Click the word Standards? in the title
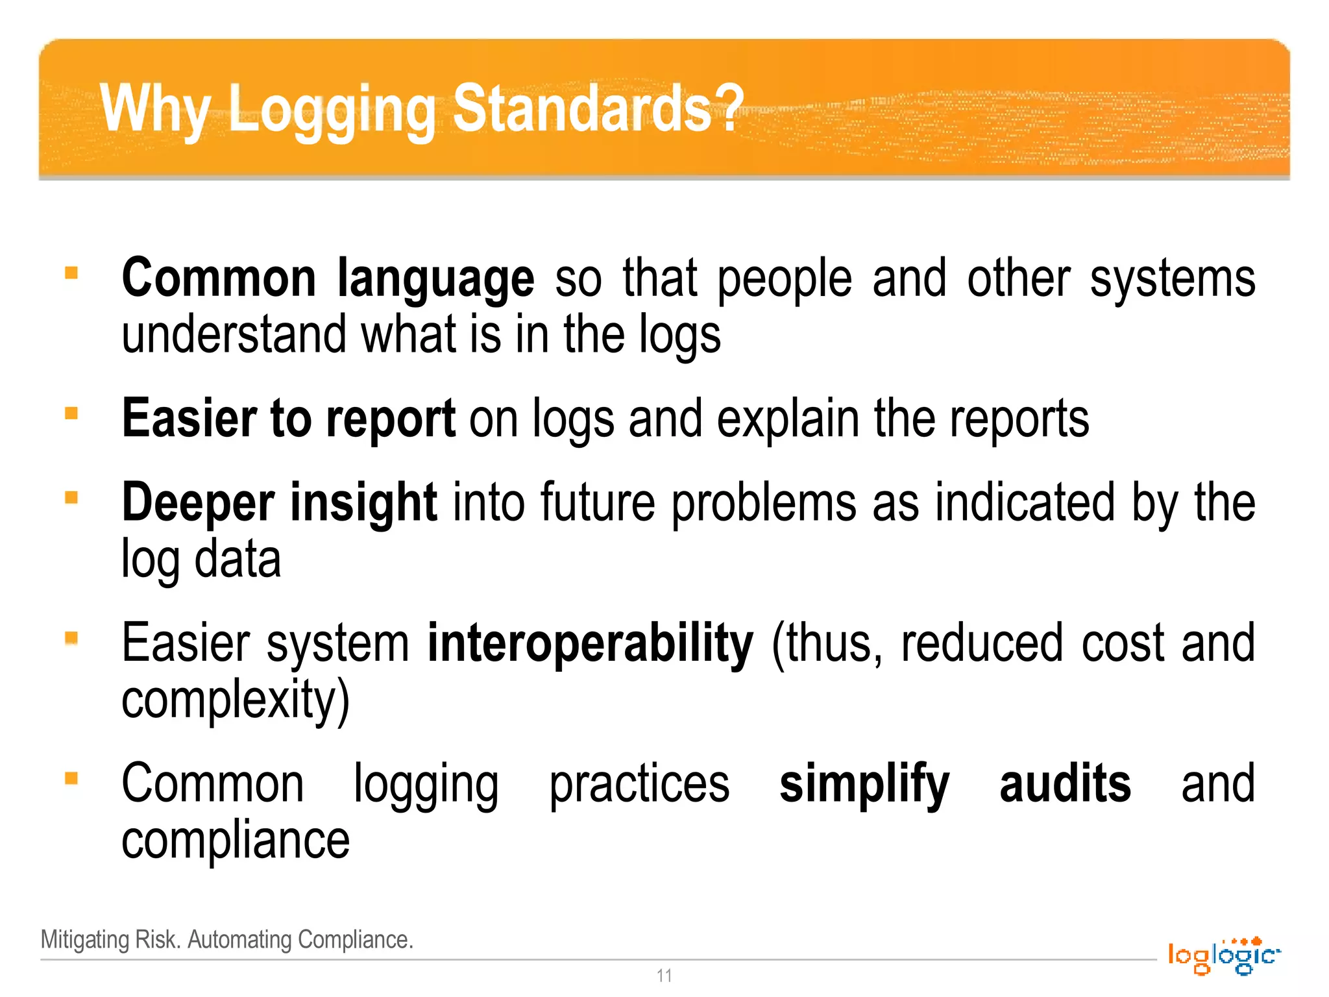597,109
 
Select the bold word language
435,279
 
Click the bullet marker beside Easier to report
71,413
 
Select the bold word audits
1065,784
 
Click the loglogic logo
1224,956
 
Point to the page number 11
664,976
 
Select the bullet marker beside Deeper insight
71,498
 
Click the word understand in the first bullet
234,335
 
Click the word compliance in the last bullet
236,841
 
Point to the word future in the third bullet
598,503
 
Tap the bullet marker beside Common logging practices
71,778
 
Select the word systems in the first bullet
1172,279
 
